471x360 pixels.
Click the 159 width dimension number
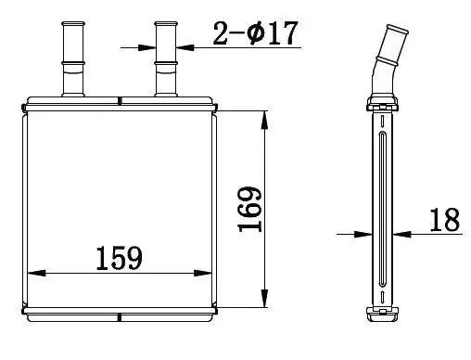tap(120, 258)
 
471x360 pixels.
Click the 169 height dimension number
tap(249, 209)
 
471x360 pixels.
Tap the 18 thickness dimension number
tap(445, 220)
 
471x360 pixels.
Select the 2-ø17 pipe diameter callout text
tap(255, 32)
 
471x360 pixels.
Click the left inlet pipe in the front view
tap(73, 58)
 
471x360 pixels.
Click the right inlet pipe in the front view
tap(166, 58)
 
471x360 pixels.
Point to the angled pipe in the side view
tap(387, 61)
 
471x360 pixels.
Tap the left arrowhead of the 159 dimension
tap(36, 273)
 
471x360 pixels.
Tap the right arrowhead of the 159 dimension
tap(203, 273)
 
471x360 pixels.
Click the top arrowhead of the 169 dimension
tap(264, 120)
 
